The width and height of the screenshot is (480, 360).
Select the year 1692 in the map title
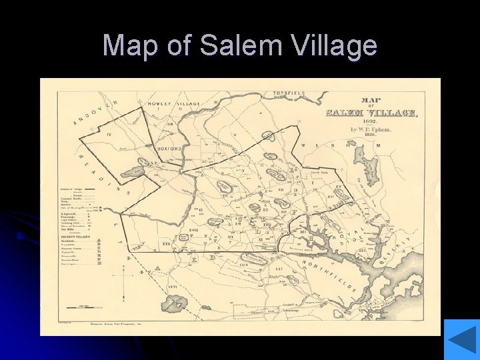point(370,121)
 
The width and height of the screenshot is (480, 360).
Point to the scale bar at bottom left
point(87,307)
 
